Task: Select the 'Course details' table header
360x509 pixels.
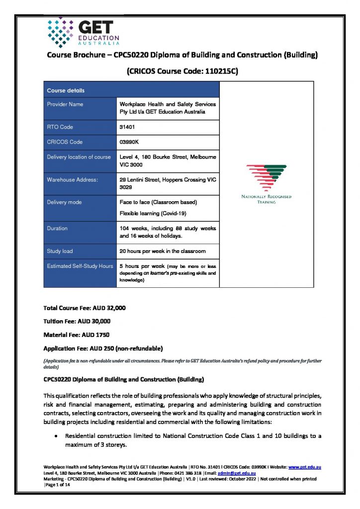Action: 66,90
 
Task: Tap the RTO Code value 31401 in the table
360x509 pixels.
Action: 127,127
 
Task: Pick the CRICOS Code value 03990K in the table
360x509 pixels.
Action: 130,142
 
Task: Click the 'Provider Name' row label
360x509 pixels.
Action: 65,104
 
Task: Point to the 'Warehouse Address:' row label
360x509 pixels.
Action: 72,179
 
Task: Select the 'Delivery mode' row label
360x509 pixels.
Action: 64,202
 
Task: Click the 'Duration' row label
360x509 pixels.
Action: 57,229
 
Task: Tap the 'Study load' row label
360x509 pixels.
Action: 60,251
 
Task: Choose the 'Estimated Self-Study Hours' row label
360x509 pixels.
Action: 80,266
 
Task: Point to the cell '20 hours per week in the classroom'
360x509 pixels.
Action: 163,251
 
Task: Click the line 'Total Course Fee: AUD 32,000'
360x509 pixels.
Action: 85,308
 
